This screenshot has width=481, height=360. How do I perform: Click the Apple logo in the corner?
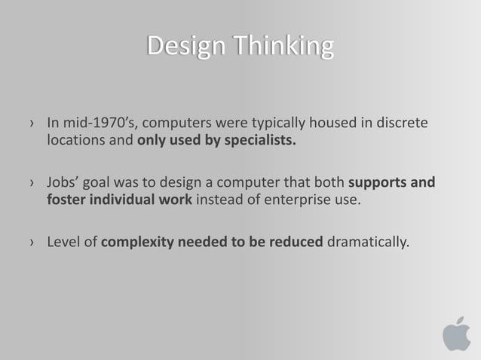[x=455, y=334]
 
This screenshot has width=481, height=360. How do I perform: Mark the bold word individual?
[x=124, y=201]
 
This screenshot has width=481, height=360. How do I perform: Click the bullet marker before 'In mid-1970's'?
[x=32, y=123]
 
